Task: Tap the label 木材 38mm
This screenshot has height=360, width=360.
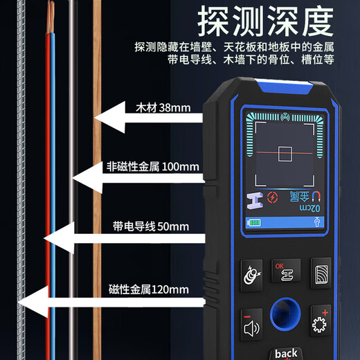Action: tap(154, 108)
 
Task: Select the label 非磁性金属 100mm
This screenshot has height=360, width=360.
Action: tap(152, 166)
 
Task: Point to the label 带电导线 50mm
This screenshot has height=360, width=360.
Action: tap(150, 226)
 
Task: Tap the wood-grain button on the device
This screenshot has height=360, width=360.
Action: tap(321, 274)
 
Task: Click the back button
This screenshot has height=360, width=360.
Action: tap(285, 352)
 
